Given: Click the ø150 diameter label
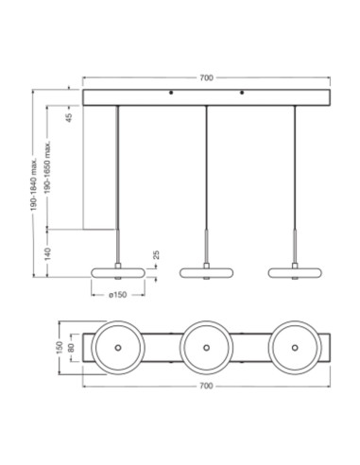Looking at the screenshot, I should [117, 296].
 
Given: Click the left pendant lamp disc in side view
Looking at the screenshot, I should [117, 273].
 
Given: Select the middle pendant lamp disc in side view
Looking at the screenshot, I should [206, 273].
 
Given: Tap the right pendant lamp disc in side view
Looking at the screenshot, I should [295, 273].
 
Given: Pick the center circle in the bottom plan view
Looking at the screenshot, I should [206, 349].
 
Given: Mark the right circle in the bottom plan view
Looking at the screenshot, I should [295, 349].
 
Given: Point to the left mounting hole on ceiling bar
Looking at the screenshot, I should [170, 94].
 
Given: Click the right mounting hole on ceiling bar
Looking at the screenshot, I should [242, 94].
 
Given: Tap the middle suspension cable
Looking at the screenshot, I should [206, 170].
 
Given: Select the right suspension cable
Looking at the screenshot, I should [295, 170].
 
